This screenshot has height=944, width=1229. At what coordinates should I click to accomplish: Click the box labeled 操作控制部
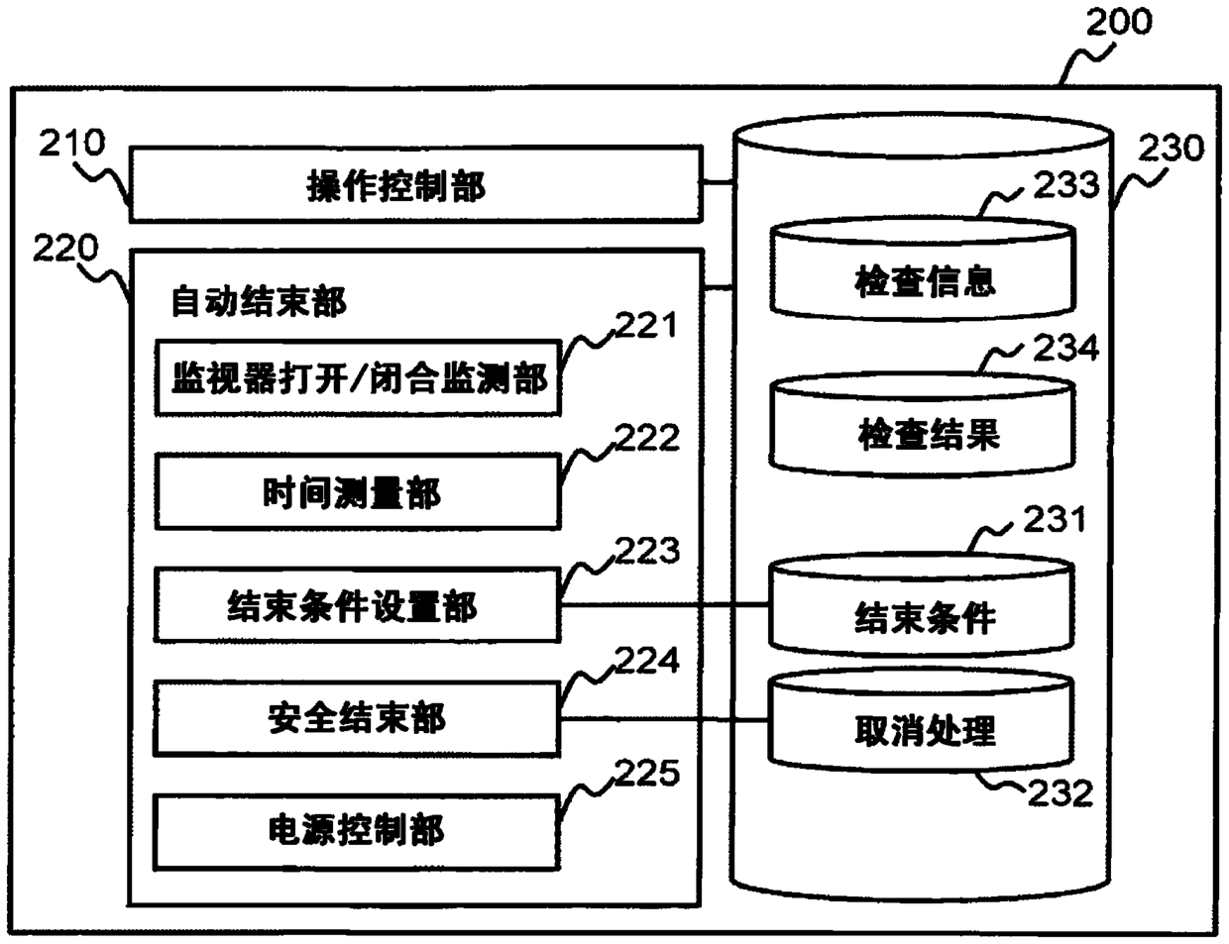pos(416,184)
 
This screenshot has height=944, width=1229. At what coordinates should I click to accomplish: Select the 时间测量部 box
pos(358,491)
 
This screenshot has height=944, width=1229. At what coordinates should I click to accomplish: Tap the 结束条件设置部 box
pos(358,605)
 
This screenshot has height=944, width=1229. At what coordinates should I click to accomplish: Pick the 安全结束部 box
pos(358,718)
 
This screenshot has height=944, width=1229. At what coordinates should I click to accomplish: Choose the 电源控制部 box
pos(357,831)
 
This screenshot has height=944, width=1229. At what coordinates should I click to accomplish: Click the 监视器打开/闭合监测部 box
pos(358,378)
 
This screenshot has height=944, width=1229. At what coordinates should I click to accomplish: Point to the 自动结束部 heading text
pos(259,301)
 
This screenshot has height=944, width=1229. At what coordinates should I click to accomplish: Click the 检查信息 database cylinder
pos(923,269)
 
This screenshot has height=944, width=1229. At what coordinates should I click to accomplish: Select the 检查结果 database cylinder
pos(922,424)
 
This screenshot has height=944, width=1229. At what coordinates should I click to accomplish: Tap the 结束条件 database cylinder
pos(922,605)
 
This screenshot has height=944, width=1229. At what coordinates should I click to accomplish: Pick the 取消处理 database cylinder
pos(922,721)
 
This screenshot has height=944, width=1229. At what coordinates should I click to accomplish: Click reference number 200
pos(1119,22)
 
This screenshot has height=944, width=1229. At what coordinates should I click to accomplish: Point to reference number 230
pos(1172,149)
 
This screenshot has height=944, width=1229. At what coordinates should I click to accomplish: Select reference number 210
pos(71,142)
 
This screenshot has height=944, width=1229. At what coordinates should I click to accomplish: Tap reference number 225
pos(647,773)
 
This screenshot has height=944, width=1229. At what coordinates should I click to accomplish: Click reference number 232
pos(1061,793)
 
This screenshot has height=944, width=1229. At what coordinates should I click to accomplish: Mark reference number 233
pos(1066,185)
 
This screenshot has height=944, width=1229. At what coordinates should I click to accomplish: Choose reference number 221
pos(646,325)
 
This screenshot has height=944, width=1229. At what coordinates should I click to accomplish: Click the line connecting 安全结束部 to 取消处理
pos(665,719)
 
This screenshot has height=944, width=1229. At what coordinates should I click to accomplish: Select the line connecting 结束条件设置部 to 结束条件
pos(665,604)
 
